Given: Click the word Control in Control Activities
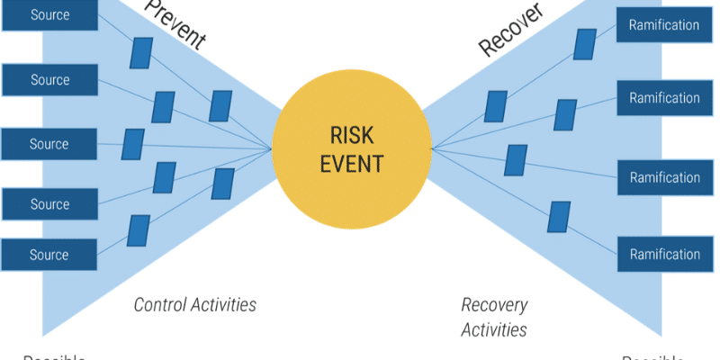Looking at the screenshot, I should pos(163,305).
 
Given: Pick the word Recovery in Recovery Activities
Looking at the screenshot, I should pos(494,305).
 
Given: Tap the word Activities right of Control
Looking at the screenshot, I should pos(224,305).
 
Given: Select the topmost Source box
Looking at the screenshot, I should pos(49,15).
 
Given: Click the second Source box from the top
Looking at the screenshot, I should pos(49,80).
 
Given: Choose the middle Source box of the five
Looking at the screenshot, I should pos(49,144).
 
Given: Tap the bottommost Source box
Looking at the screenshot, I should pos(49,255).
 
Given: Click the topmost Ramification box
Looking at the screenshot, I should pos(664,25).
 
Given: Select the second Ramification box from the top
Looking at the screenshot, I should pos(664,98).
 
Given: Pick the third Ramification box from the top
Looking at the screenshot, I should pos(664,177).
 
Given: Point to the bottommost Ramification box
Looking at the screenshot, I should pos(664,255).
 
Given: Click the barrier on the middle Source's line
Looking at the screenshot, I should pos(133,144).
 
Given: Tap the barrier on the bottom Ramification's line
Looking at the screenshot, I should pos(559,217).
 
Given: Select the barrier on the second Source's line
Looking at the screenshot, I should pos(163,107).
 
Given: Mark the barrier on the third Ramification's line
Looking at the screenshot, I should pos(516,160).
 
